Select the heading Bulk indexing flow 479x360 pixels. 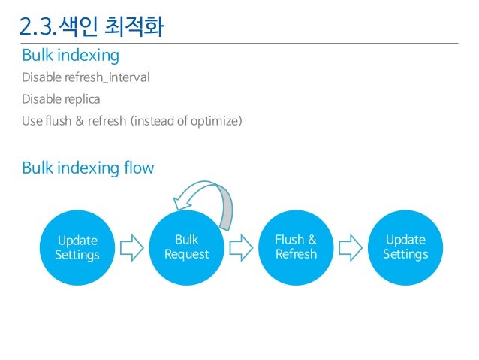click(88, 168)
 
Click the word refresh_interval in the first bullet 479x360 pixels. click(108, 77)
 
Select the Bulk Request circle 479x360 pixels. click(187, 247)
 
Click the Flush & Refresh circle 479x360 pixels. click(296, 247)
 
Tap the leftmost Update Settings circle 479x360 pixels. click(77, 247)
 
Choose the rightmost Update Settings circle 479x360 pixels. click(405, 247)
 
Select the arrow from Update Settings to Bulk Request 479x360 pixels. click(132, 247)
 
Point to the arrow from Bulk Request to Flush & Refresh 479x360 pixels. click(241, 247)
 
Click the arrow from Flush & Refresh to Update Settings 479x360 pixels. click(351, 247)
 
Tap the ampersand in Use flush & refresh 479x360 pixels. click(80, 119)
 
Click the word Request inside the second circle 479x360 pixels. click(187, 254)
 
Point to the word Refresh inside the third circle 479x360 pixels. click(296, 254)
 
